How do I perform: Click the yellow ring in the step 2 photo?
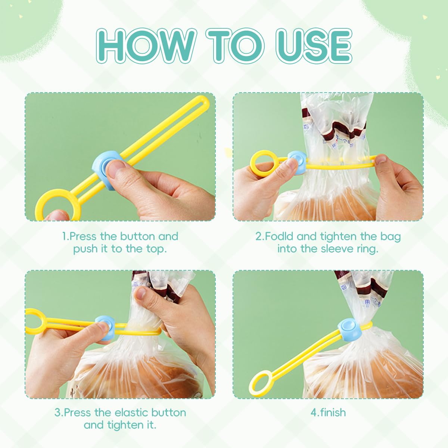(263, 164)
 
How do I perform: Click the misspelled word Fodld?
(280, 236)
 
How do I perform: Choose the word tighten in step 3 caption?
(125, 425)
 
